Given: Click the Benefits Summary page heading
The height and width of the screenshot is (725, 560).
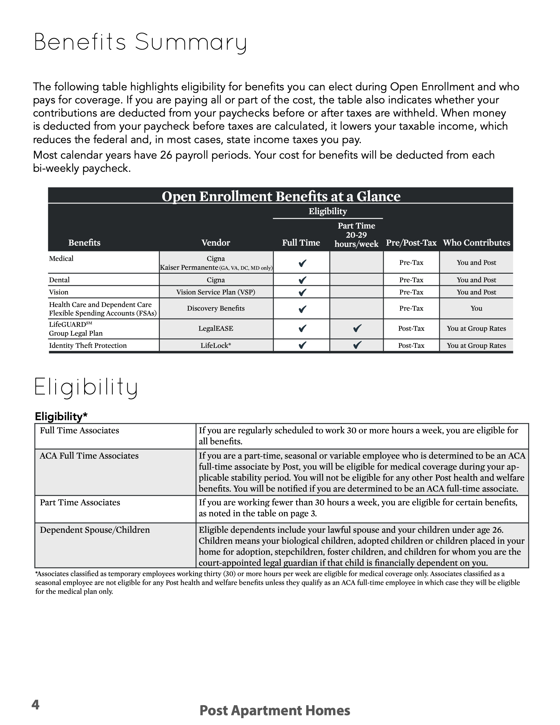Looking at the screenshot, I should (140, 42).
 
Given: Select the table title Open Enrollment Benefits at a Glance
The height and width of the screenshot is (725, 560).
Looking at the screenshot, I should (281, 196).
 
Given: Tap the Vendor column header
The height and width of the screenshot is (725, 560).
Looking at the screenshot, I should (216, 243).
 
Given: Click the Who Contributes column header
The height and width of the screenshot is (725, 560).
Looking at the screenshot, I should (476, 243).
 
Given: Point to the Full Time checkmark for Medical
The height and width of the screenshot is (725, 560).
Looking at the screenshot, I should (302, 263).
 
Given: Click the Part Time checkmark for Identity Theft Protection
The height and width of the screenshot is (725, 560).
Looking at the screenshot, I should (357, 345).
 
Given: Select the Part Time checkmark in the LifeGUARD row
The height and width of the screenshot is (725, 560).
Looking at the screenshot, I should (357, 328).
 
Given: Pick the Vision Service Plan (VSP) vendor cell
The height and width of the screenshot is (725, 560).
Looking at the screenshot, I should (216, 292).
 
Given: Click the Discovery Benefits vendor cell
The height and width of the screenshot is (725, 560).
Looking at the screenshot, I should (216, 308).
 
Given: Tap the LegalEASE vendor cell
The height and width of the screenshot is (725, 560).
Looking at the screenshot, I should (216, 328).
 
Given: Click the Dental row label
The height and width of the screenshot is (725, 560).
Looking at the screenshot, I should (59, 280).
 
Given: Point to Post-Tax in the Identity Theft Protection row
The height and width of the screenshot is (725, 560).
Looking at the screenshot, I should (411, 346).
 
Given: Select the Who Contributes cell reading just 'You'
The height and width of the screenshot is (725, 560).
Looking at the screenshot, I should (476, 308).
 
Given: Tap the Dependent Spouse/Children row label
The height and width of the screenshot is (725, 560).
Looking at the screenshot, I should (95, 530).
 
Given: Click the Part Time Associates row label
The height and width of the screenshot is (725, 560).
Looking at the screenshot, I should (80, 502).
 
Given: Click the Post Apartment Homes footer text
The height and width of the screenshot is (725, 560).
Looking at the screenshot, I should (275, 711).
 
